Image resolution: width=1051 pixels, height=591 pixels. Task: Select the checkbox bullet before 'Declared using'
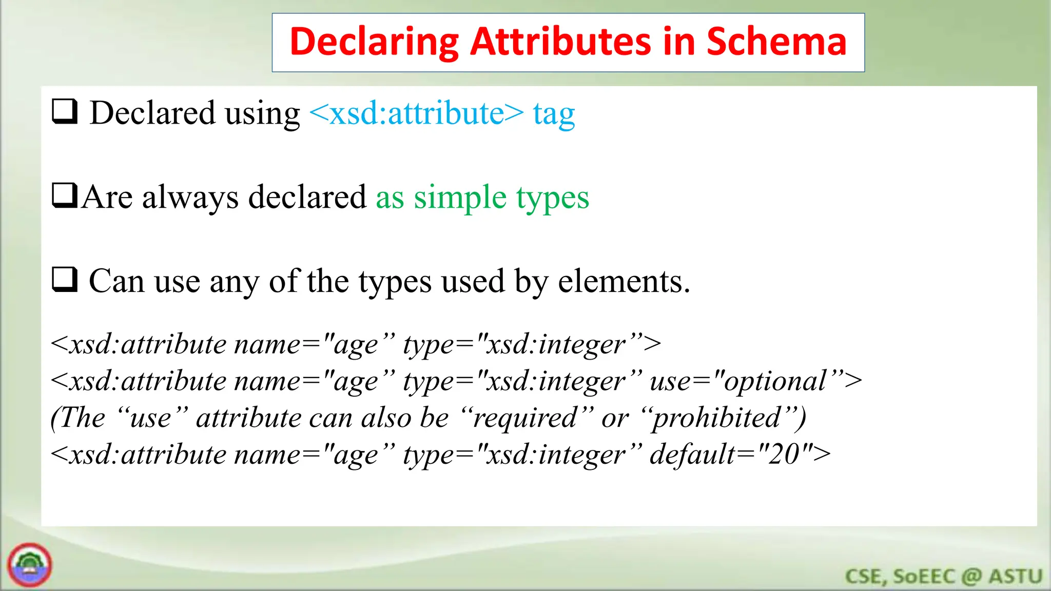tap(65, 112)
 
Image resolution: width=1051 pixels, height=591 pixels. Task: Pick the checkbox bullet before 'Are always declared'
tap(65, 196)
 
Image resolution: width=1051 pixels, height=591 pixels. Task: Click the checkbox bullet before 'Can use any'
tap(65, 280)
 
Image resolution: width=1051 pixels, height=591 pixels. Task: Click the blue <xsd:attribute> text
tap(417, 113)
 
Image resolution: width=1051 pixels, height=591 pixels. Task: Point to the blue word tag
tap(554, 114)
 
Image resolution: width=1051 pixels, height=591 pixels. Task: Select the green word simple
tap(460, 198)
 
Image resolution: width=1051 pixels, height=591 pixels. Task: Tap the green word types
tap(553, 198)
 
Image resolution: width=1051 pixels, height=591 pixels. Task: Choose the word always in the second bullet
tap(190, 198)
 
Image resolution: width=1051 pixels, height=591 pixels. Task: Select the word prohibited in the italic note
tap(716, 418)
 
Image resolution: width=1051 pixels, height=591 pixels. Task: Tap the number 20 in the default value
tap(784, 455)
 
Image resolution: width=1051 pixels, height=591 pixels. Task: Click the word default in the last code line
tap(693, 455)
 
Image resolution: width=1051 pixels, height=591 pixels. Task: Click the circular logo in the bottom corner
tap(30, 565)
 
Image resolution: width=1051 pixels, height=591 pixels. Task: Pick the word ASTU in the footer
tap(1016, 577)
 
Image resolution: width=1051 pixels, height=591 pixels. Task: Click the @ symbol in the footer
tap(971, 577)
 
